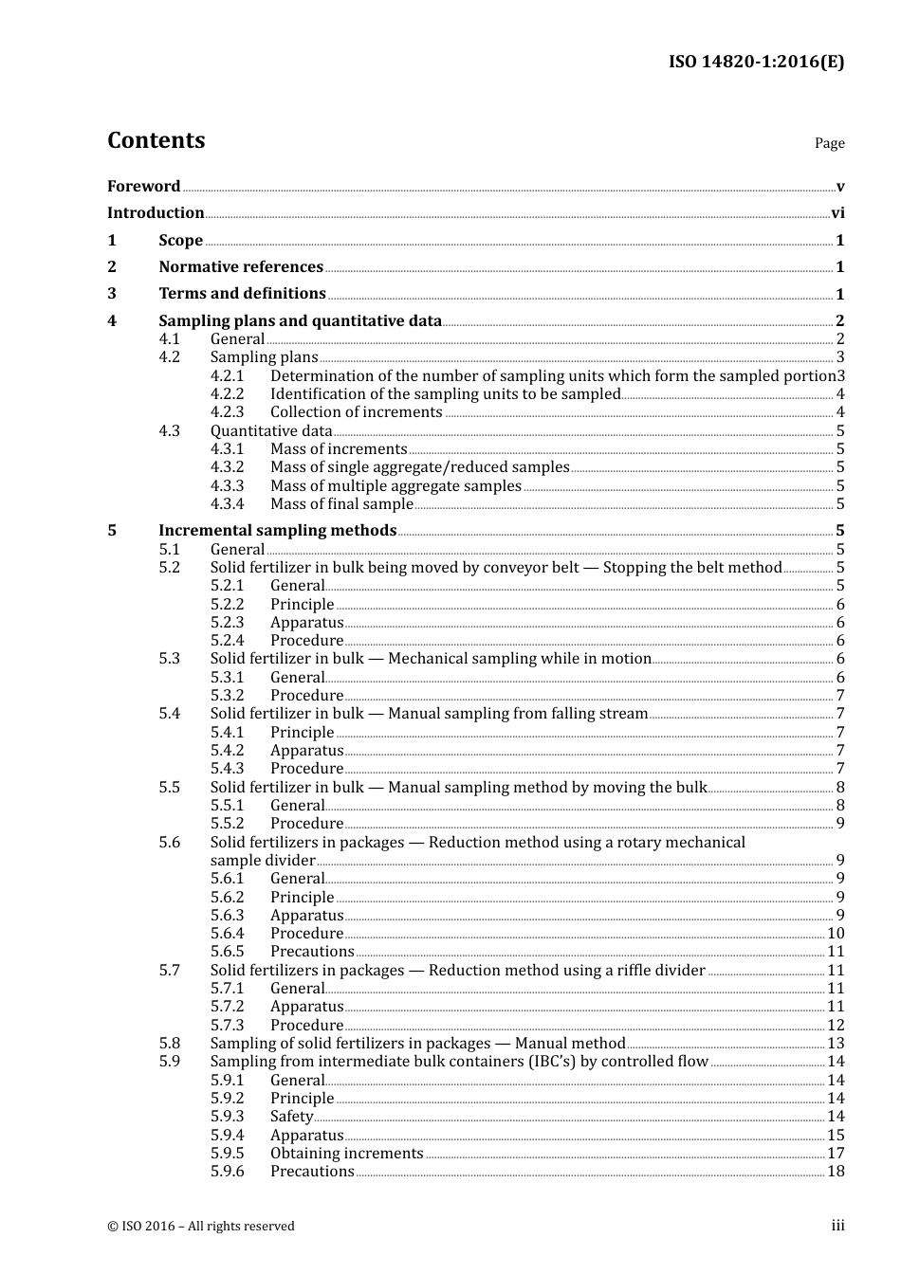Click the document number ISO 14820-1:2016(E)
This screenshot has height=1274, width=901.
[756, 62]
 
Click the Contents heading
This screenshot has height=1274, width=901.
[156, 140]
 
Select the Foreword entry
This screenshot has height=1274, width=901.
[143, 186]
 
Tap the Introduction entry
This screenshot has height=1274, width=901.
[156, 213]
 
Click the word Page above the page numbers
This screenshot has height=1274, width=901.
[829, 143]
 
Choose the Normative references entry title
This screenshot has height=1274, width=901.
[241, 267]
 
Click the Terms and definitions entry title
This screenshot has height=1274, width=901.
[242, 294]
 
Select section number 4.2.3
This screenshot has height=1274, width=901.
[227, 412]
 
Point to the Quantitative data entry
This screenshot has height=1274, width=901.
[271, 431]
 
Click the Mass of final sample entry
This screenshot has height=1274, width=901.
[341, 504]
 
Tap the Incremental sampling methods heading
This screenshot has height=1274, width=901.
[277, 531]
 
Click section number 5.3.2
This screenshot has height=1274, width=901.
[227, 696]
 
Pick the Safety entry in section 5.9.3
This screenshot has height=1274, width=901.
[291, 1117]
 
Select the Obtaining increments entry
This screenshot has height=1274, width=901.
[346, 1154]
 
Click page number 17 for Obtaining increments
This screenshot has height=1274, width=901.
[836, 1154]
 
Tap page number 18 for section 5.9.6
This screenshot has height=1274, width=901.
[836, 1172]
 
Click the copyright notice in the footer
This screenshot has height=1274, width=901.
[201, 1227]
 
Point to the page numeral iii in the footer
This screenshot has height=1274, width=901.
[837, 1226]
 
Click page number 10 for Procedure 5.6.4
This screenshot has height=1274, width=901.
[836, 934]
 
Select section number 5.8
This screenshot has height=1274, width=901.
[169, 1044]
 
